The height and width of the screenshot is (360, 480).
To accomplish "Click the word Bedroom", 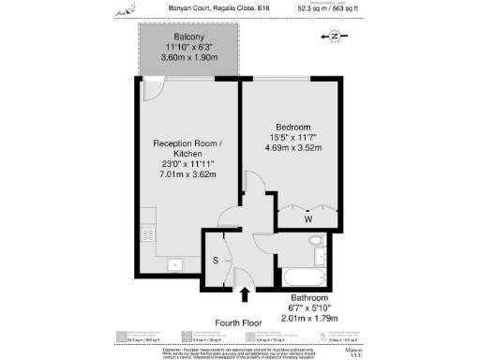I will click(294, 127).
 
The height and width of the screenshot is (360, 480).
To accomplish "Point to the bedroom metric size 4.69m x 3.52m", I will click(294, 148).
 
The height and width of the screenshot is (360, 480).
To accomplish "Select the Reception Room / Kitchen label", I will click(188, 149).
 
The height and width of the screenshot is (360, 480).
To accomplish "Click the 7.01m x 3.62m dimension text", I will click(188, 174).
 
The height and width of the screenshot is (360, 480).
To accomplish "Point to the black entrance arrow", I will click(245, 294).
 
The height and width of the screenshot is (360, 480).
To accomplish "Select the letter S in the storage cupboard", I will click(217, 260).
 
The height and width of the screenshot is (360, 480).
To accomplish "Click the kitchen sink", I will click(174, 263).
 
